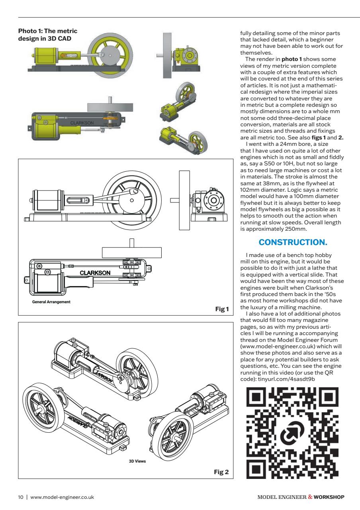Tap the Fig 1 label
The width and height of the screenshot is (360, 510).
click(x=221, y=309)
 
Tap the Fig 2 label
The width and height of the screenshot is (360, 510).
click(x=221, y=472)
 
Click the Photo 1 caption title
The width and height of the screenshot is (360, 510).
click(x=48, y=35)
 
